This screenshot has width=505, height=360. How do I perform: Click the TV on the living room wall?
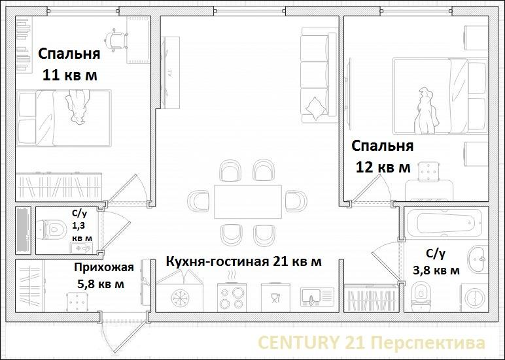point(170,73)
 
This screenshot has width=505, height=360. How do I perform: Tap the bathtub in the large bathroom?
point(445,223)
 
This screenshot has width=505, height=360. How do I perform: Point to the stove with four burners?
point(232,297)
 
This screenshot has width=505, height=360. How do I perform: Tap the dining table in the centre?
point(248,202)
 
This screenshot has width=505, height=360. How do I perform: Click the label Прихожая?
point(104,267)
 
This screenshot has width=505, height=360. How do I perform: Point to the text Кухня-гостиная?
point(217,261)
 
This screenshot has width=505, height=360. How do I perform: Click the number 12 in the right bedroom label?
point(365,167)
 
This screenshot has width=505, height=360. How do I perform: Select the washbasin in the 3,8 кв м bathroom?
point(478,258)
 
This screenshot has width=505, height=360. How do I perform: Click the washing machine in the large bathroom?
point(474,297)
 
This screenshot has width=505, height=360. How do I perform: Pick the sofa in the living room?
point(319,74)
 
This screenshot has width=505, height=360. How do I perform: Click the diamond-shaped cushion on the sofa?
point(315,108)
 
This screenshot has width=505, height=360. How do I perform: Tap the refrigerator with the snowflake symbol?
point(179,297)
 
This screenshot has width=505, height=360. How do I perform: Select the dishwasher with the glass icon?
point(275,297)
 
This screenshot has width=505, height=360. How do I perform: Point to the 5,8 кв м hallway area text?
point(101,284)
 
